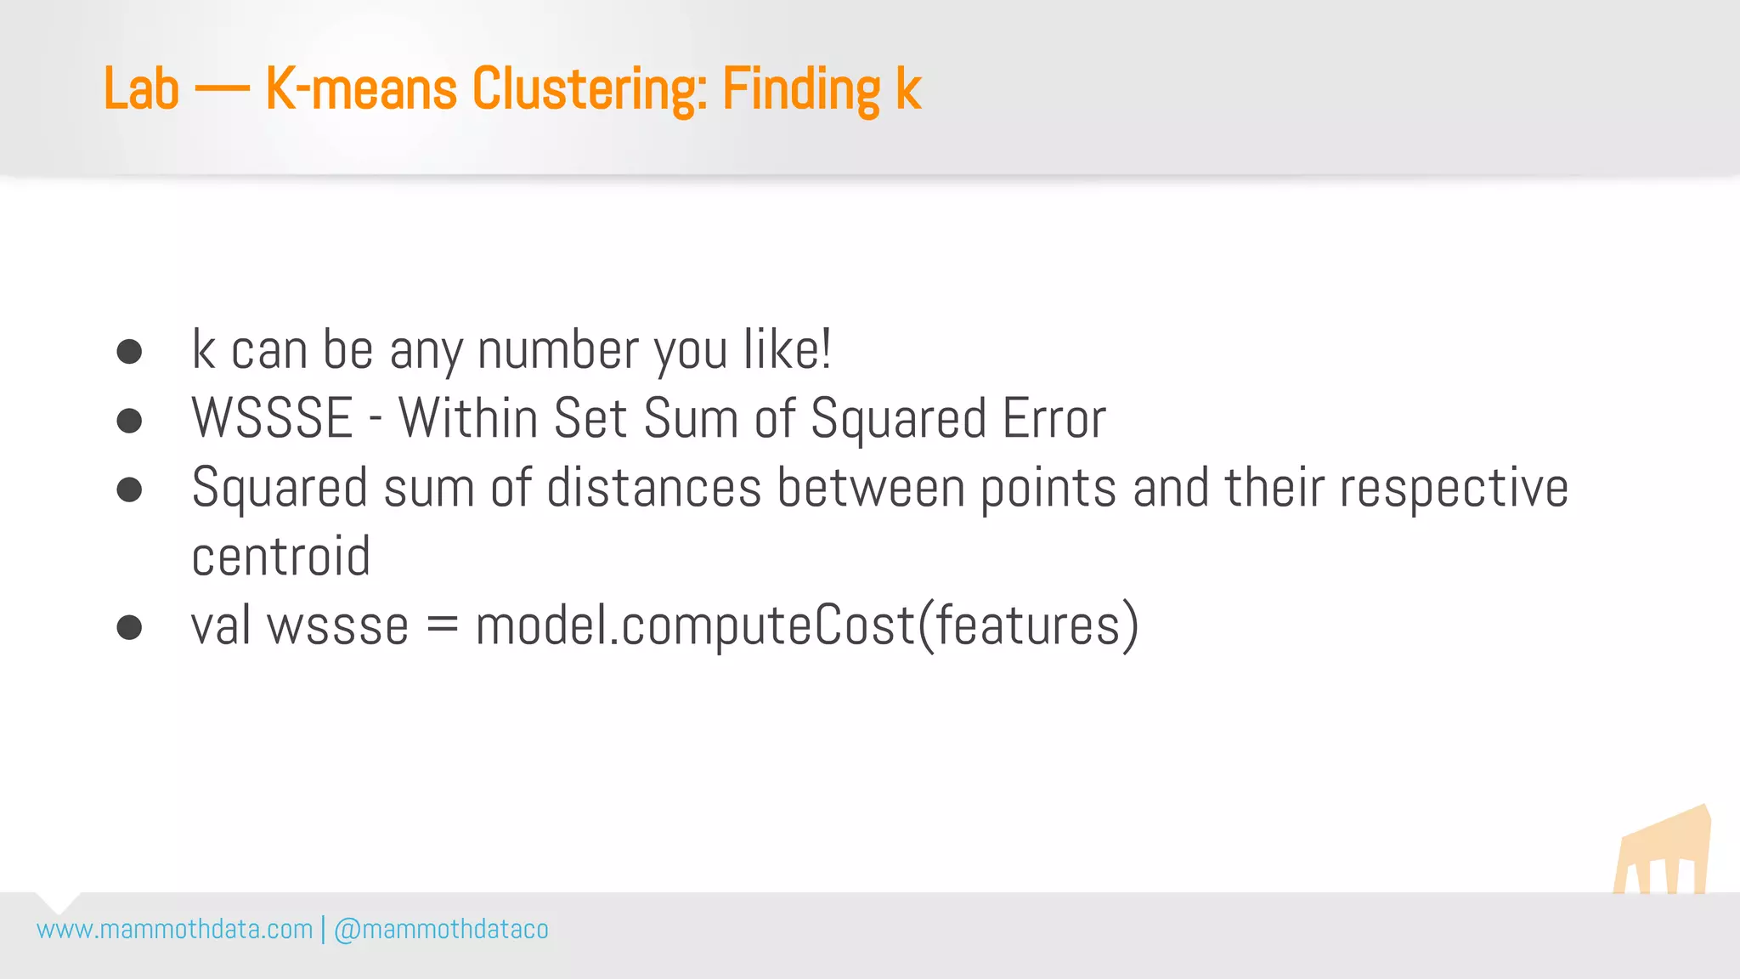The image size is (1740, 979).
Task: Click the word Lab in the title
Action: (x=141, y=88)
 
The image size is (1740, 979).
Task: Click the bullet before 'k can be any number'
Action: (x=129, y=351)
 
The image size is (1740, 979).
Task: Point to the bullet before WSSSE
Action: (x=129, y=420)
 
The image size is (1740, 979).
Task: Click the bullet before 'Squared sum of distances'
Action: (x=129, y=489)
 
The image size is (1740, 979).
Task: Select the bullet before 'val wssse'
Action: (x=129, y=627)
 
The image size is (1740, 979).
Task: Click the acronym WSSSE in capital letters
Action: (x=272, y=418)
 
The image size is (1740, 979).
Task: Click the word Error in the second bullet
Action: (x=1054, y=418)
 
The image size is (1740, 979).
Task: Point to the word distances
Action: (x=653, y=488)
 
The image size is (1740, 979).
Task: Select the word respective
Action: (x=1454, y=489)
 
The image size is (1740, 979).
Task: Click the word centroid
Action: (x=281, y=557)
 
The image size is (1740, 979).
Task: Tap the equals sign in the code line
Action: (x=442, y=626)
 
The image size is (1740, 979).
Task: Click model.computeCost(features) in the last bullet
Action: (x=806, y=626)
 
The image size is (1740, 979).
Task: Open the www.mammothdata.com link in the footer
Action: (x=175, y=929)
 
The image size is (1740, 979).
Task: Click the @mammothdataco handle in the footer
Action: (x=442, y=929)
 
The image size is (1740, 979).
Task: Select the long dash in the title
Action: (x=222, y=90)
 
